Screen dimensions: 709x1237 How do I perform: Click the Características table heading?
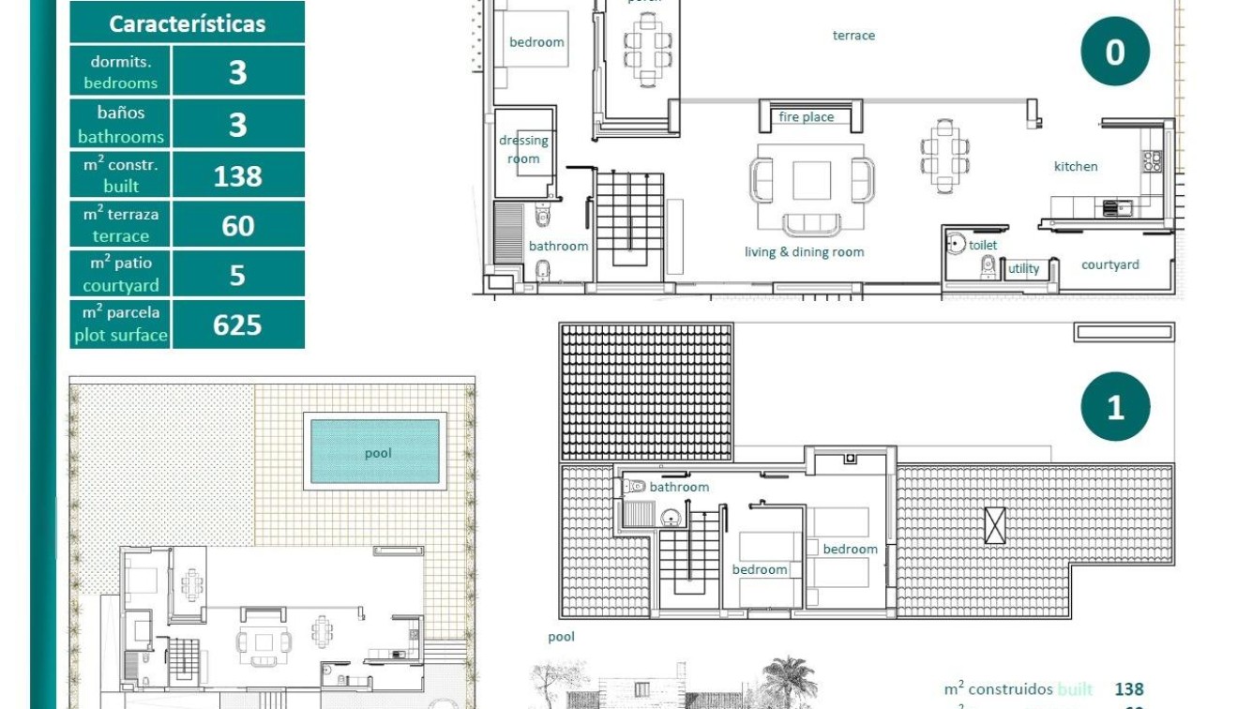pos(187,23)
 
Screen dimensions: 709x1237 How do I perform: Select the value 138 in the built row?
pos(238,175)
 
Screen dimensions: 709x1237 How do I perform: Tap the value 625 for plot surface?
pos(238,324)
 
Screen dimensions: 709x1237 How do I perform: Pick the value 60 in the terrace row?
pos(238,225)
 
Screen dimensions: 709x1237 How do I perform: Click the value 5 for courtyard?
pos(238,275)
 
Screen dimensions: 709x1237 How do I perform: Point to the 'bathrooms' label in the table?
pos(121,137)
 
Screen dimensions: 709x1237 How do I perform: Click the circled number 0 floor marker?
pos(1115,52)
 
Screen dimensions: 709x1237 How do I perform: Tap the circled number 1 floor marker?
pos(1115,407)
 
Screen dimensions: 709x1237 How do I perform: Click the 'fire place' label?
pos(807,117)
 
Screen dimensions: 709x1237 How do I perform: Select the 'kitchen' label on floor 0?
pos(1076,166)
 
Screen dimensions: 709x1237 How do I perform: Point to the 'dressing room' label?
pos(523,149)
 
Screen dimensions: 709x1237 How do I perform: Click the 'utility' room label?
pos(1024,269)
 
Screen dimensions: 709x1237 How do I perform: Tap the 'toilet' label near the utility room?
pos(983,245)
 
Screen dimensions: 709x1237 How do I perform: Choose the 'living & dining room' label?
pos(805,251)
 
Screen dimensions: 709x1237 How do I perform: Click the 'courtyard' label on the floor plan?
pos(1110,264)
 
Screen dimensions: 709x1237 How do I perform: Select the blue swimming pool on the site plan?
pos(374,451)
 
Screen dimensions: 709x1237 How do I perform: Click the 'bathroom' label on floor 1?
pos(679,487)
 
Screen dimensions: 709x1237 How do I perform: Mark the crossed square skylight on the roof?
pos(994,524)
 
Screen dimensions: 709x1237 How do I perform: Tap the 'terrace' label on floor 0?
pos(853,36)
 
